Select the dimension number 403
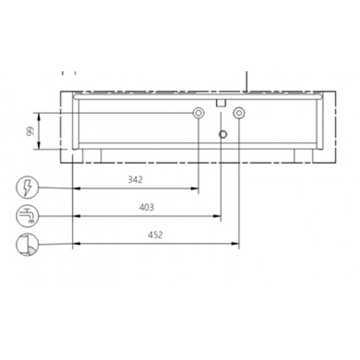pos(147,207)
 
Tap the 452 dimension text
pos(156,235)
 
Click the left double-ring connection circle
pos(198,113)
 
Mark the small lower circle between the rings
pos(223,134)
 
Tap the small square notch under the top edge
pos(221,102)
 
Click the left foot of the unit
pos(92,155)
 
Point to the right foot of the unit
pos(302,155)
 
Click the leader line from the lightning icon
pos(52,189)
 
